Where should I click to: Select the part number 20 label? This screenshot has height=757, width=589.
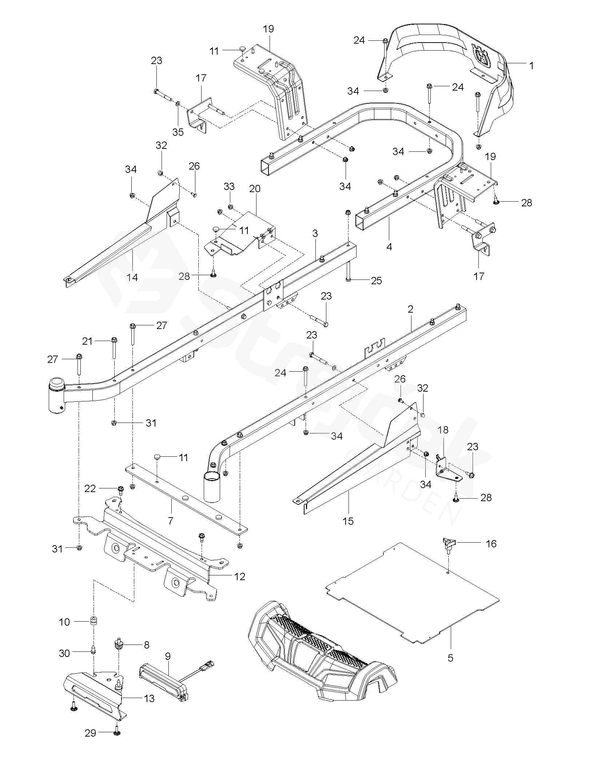point(255,189)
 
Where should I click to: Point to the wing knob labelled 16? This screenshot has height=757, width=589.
point(448,545)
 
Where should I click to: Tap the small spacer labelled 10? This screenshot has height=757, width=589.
point(94,621)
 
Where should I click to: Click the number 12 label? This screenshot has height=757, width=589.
point(240,576)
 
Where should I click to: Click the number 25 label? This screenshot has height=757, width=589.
point(377,280)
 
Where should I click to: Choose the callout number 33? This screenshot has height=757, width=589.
point(229,186)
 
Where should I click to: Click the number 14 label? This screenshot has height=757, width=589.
point(132,277)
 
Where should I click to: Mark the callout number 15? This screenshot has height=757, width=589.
point(348,521)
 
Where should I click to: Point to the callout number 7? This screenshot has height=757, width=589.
point(171,521)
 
